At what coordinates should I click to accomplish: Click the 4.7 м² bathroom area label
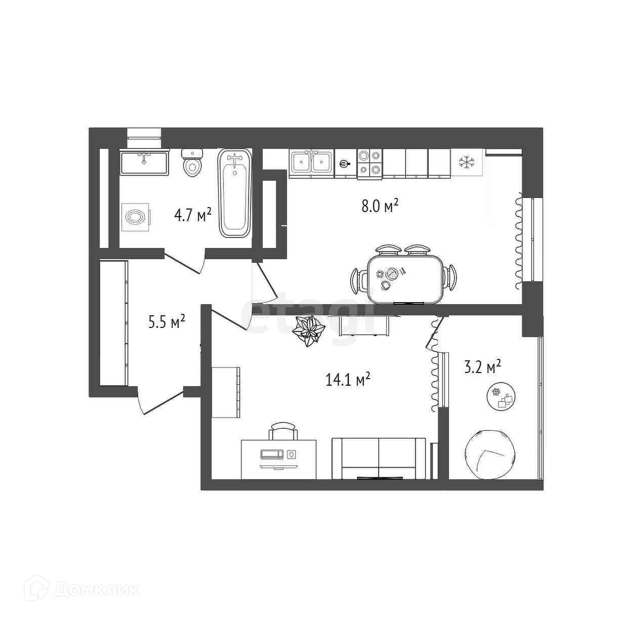click(192, 216)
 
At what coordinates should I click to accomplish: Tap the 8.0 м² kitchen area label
click(380, 206)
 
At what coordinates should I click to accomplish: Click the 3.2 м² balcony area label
click(483, 366)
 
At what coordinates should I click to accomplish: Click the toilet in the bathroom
click(192, 162)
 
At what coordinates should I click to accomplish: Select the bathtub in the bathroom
click(234, 193)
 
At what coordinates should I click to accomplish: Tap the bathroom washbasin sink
click(144, 162)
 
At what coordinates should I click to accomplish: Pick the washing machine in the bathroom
click(135, 217)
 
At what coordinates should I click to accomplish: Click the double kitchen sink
click(311, 162)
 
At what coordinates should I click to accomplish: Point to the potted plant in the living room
click(309, 332)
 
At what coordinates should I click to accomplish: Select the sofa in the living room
click(379, 458)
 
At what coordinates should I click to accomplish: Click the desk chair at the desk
click(283, 432)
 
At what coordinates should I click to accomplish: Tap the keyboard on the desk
click(272, 454)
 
